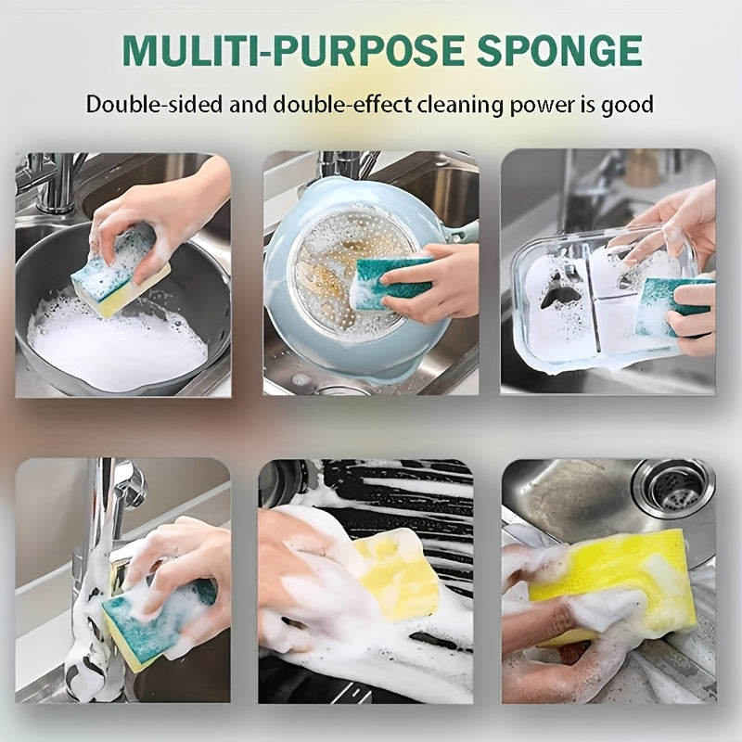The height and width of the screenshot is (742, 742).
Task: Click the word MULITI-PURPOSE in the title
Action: coord(269,51)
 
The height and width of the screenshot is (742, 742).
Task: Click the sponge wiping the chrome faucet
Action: coord(153,617)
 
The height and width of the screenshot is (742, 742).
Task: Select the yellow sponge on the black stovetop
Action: coord(394,575)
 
